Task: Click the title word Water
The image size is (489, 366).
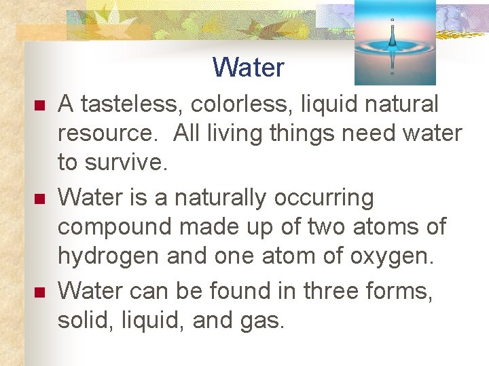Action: tap(248, 67)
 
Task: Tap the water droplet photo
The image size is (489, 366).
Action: tap(395, 42)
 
